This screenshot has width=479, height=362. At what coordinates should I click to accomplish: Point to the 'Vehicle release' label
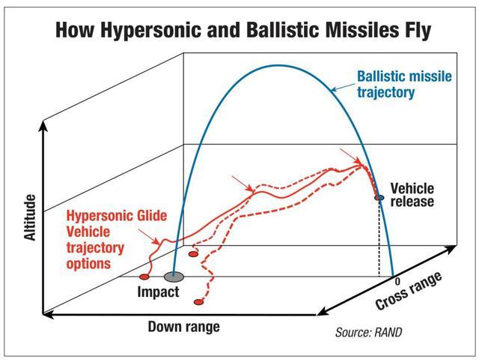click(411, 194)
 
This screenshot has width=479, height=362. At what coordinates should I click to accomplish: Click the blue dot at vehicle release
click(379, 198)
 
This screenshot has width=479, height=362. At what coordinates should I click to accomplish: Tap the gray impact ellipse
click(174, 277)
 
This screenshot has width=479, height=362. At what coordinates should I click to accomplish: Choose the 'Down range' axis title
click(183, 327)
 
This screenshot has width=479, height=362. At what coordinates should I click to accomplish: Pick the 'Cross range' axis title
click(409, 291)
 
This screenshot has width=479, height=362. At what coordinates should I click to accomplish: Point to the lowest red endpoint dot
click(199, 303)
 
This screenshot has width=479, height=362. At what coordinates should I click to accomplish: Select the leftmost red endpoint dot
click(144, 277)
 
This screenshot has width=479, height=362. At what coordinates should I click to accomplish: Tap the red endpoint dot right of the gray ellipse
click(193, 255)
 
